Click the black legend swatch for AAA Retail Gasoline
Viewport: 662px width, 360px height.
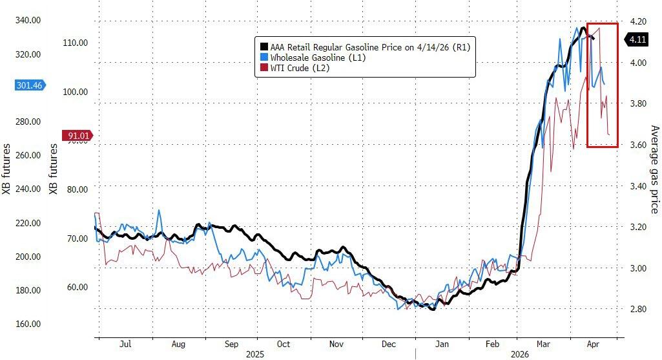[263, 47]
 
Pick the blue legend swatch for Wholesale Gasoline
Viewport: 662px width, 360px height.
[263, 57]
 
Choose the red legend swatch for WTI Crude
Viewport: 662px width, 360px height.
[263, 67]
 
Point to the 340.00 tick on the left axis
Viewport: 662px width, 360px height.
[28, 20]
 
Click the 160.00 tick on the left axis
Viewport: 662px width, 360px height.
[28, 324]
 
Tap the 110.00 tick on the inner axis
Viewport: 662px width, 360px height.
[75, 43]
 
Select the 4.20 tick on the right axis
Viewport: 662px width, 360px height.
[638, 21]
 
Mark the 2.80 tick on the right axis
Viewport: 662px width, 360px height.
[638, 309]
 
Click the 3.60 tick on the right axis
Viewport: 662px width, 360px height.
[638, 145]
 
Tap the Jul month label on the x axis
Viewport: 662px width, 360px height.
[125, 344]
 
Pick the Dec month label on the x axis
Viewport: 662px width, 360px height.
[389, 344]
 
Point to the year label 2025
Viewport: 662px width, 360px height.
[257, 354]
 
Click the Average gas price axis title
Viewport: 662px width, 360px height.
[653, 169]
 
